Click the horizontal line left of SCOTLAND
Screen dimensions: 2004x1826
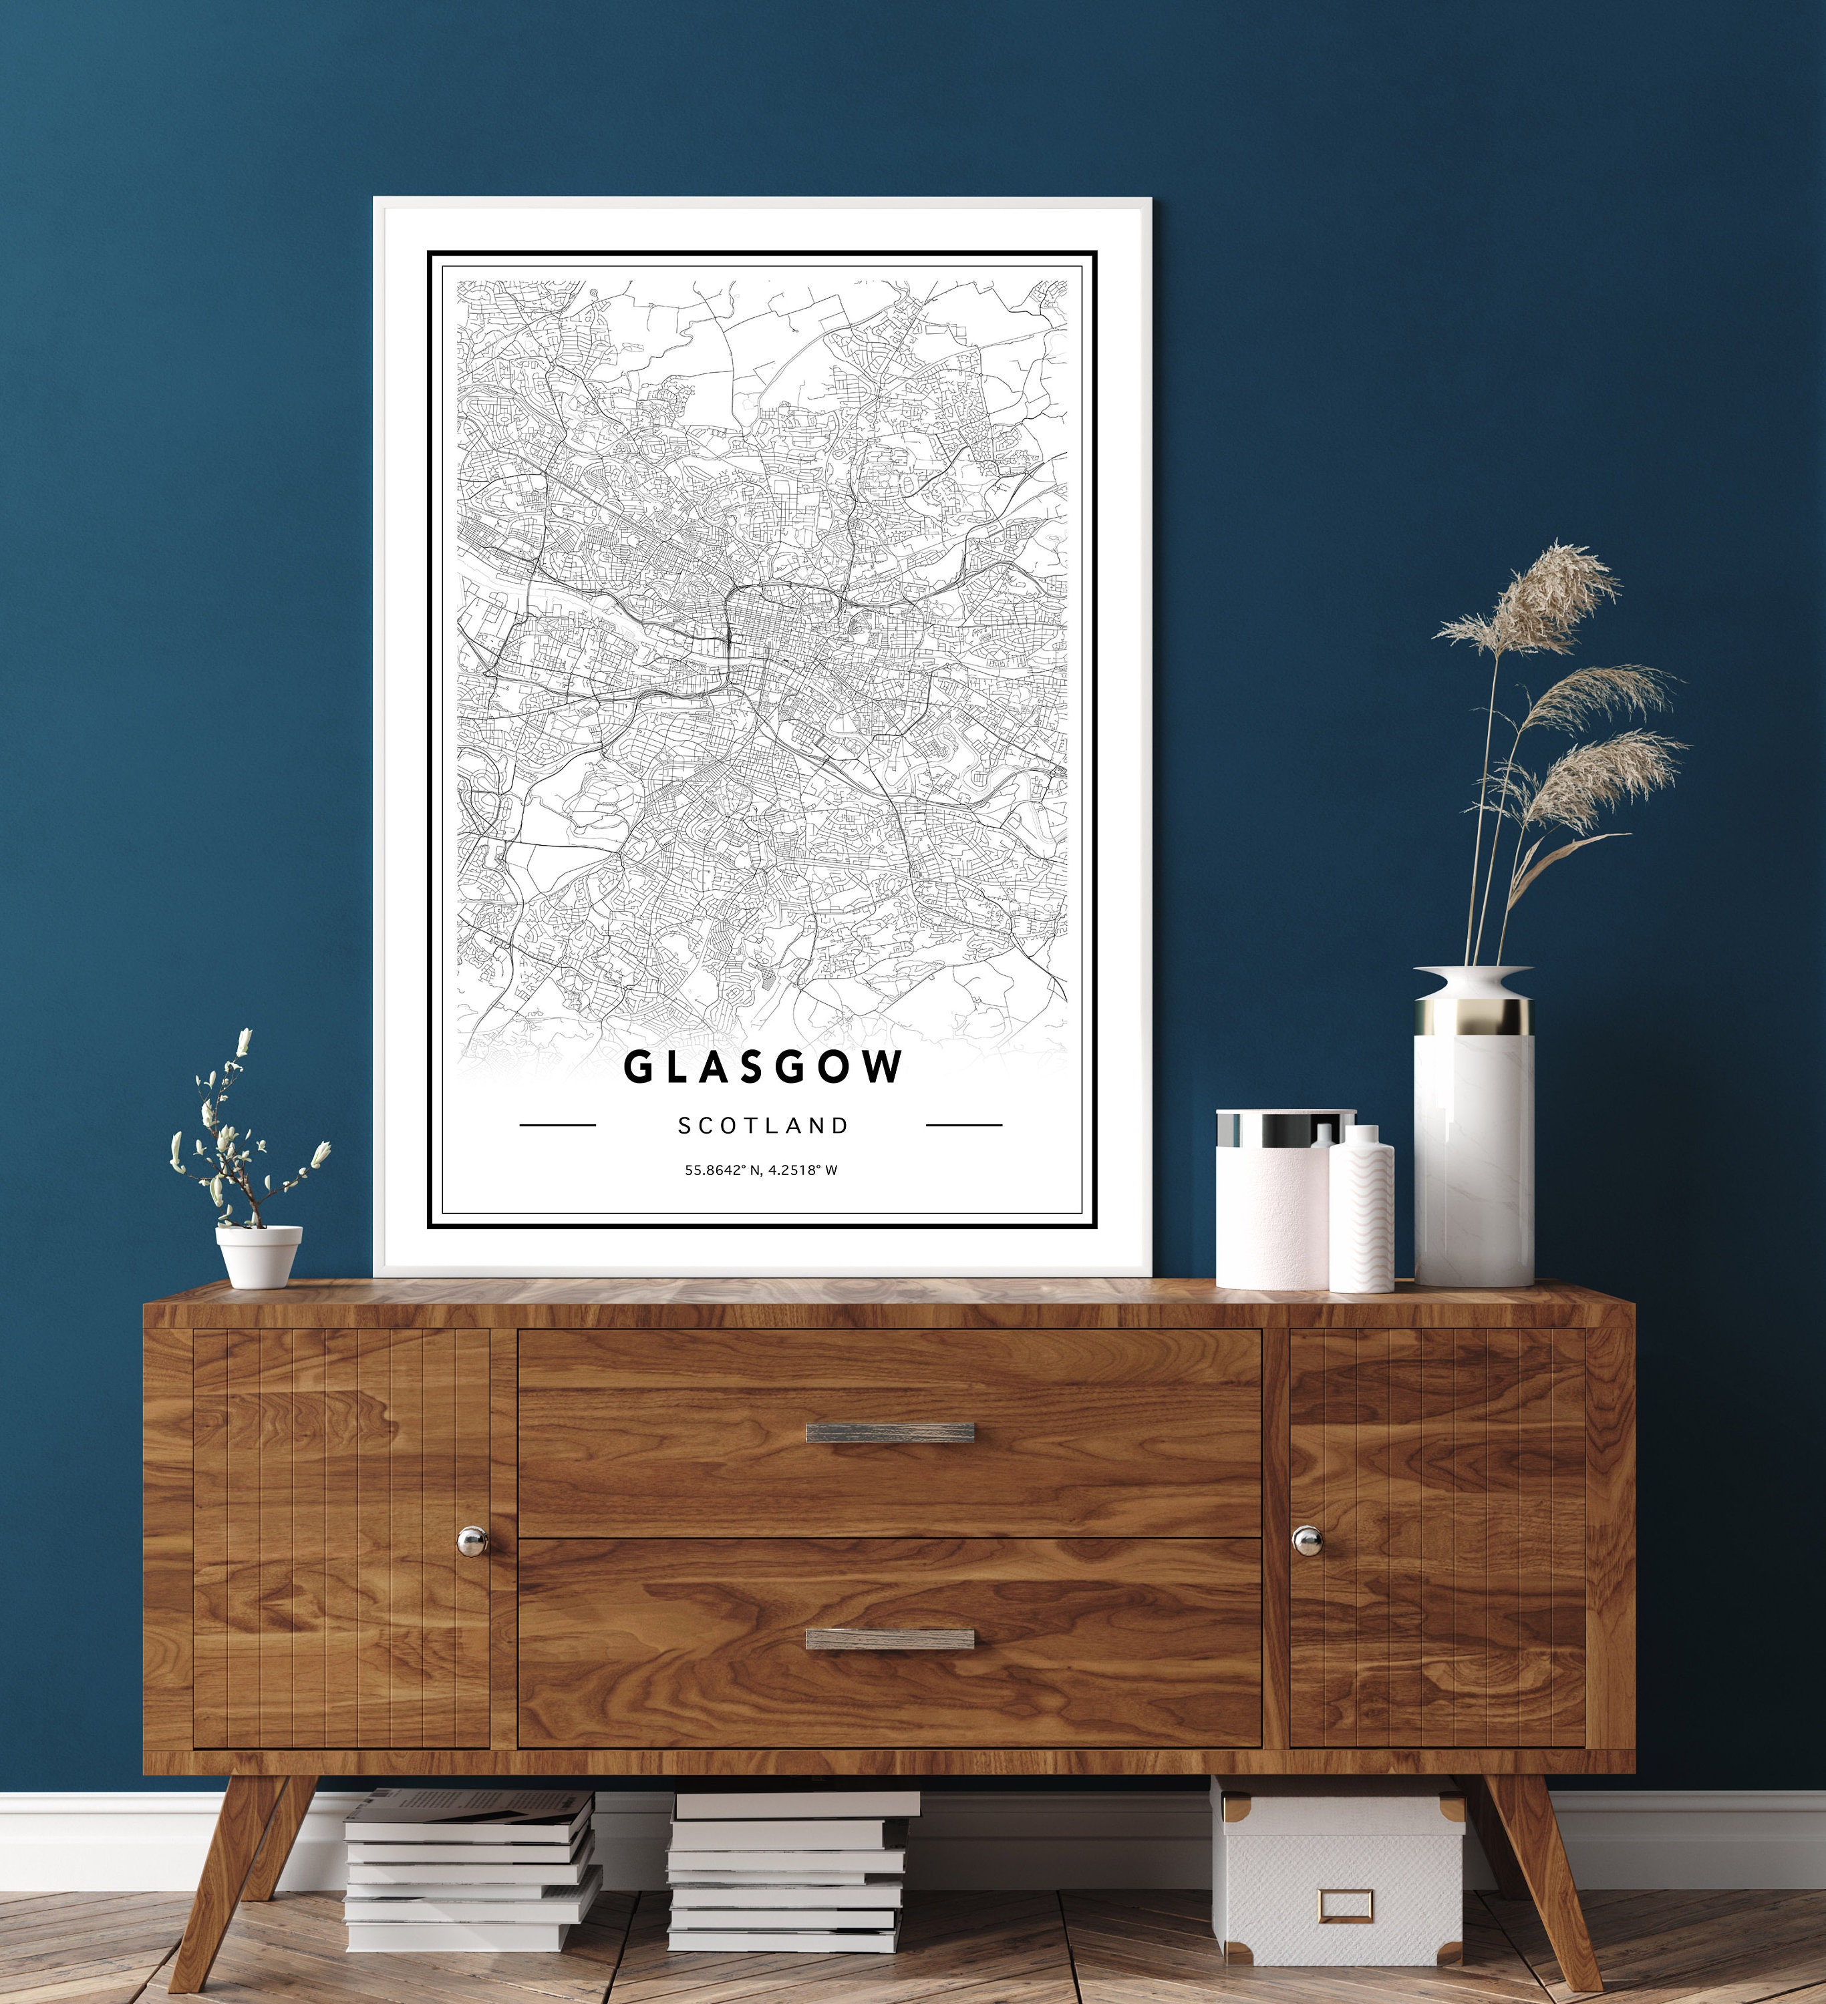[x=558, y=1126]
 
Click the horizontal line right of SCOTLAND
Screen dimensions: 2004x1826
[x=963, y=1126]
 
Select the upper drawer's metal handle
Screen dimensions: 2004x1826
[x=890, y=1432]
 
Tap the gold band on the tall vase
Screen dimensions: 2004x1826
[x=1473, y=1017]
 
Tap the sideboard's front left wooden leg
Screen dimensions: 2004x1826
[x=239, y=1878]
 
